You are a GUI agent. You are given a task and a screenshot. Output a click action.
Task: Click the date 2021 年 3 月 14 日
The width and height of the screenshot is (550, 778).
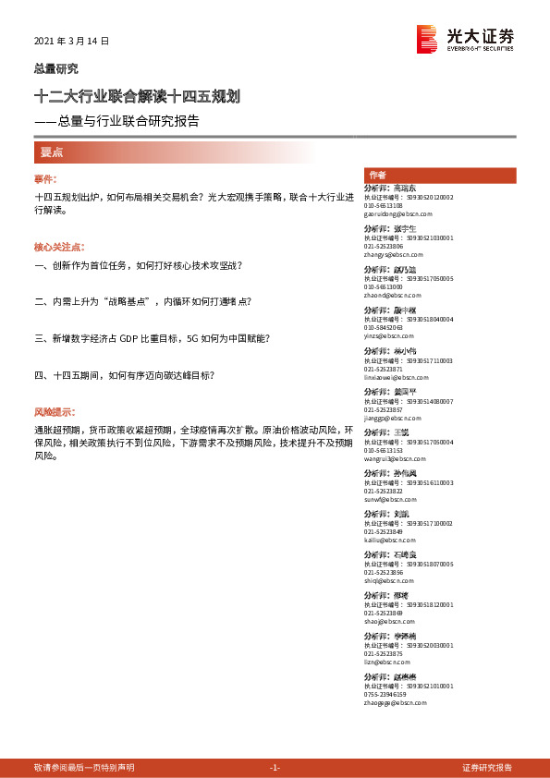click(x=71, y=42)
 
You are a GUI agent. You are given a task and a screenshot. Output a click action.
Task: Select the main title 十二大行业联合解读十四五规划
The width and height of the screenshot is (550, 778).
click(x=138, y=96)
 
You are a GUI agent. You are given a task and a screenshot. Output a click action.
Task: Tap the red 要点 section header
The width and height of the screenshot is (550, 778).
click(x=51, y=152)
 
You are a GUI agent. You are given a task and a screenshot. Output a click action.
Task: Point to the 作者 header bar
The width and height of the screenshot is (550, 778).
click(x=439, y=176)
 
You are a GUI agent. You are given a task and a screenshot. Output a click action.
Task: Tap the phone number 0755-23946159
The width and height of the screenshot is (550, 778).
click(x=385, y=695)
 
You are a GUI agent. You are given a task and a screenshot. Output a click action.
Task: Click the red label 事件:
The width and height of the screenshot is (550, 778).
click(x=45, y=178)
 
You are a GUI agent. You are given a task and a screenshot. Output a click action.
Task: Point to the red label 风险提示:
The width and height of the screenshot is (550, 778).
click(x=55, y=410)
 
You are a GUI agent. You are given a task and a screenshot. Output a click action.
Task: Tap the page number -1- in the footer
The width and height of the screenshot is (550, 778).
click(x=275, y=768)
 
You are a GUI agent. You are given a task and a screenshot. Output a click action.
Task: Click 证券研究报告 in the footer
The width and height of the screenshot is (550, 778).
click(x=487, y=768)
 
